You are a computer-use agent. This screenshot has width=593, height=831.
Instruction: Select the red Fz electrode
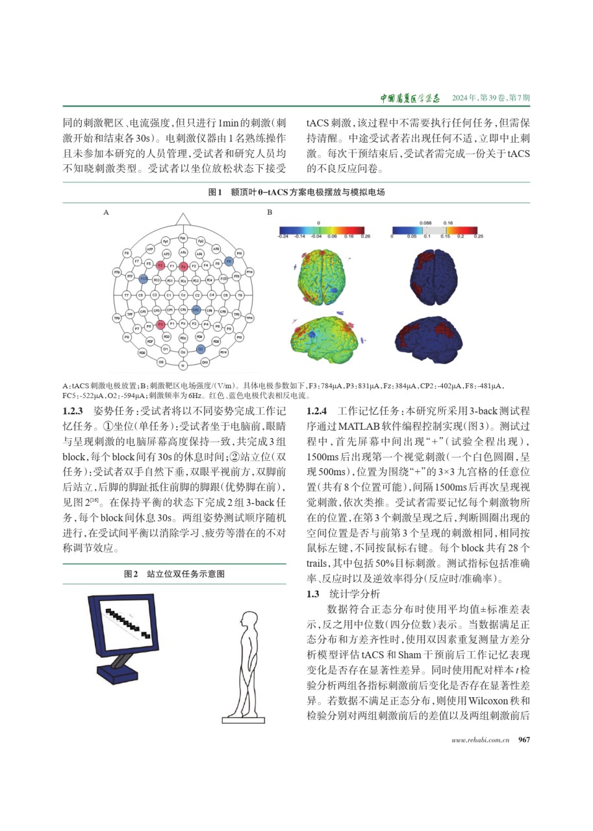[183, 266]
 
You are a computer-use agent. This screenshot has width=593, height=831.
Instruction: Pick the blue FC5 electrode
[142, 279]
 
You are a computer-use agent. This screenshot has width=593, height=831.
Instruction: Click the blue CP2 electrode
[194, 310]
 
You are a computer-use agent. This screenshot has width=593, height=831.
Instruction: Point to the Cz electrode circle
[183, 294]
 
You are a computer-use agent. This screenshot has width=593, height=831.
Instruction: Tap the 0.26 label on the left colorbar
[366, 237]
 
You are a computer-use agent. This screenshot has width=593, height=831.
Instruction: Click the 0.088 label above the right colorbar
[426, 222]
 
